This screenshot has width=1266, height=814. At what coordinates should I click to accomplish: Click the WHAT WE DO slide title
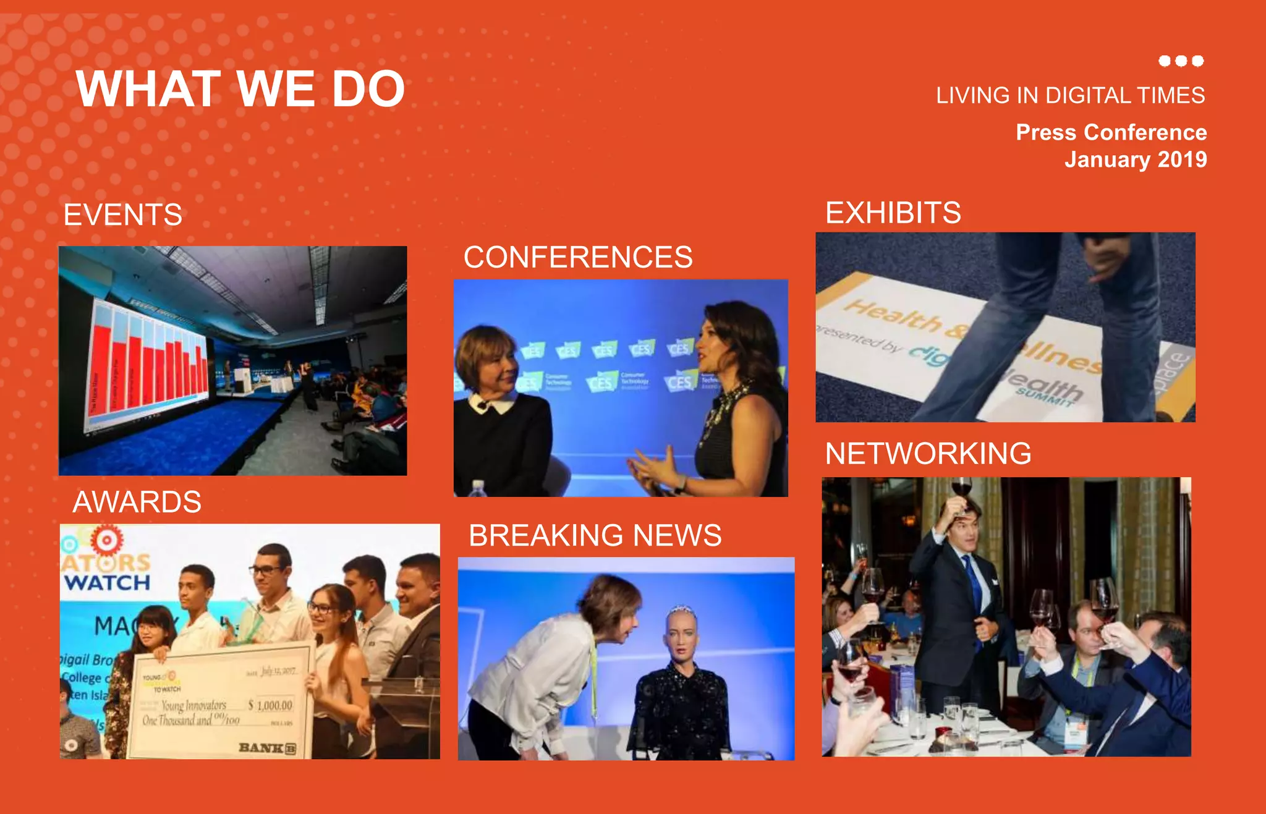tap(240, 89)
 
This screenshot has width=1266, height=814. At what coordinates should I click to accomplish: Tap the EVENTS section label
tap(123, 215)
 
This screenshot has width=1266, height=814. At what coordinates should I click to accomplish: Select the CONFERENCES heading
tap(578, 257)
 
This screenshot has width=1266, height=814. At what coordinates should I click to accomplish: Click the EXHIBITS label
tap(893, 213)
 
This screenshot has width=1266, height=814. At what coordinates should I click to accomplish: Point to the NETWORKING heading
tap(928, 454)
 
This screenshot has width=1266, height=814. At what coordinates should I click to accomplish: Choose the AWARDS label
tap(137, 502)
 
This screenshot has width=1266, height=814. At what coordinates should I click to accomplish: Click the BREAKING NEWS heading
tap(595, 535)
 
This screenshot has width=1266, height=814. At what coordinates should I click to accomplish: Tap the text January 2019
tap(1135, 159)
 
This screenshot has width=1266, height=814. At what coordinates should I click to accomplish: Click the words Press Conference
tap(1111, 132)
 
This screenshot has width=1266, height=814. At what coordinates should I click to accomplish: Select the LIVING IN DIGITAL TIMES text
tap(1070, 96)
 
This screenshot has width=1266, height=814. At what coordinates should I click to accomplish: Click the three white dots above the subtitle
tap(1181, 61)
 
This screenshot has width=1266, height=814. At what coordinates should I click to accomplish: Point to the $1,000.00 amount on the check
tap(270, 705)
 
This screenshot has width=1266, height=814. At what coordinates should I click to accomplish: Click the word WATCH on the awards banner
tap(107, 582)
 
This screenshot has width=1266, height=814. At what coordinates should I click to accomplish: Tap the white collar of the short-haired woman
tap(491, 404)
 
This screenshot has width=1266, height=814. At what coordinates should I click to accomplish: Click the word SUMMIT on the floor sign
tap(1045, 400)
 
